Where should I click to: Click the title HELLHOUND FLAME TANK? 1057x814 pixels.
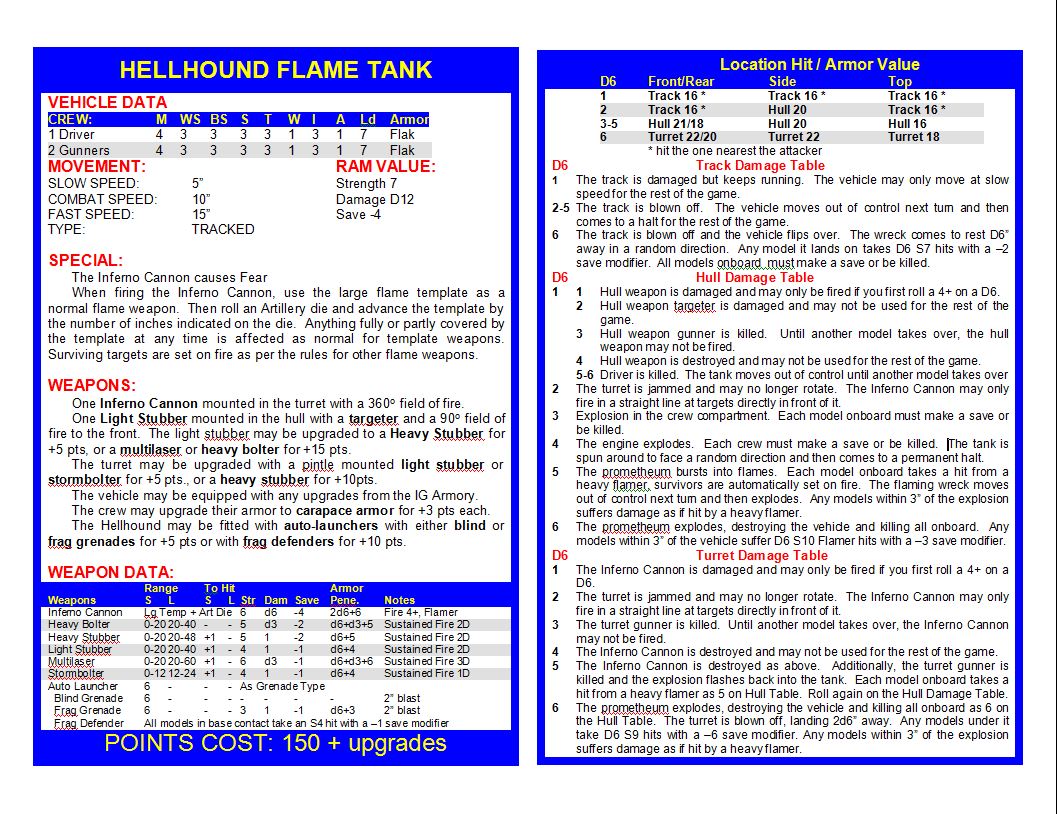pos(275,70)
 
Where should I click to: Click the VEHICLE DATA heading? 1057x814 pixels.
pos(108,102)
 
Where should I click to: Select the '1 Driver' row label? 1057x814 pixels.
pos(72,134)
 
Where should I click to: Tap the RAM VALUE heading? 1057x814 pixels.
pos(385,166)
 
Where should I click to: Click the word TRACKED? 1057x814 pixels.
pos(223,229)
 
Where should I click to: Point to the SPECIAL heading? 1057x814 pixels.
pos(86,260)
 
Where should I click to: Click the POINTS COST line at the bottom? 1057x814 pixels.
pos(275,743)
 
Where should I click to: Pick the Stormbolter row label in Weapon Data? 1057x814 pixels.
pos(76,673)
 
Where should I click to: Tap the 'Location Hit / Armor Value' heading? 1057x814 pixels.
pos(819,64)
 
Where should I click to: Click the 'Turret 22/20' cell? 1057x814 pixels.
pos(682,137)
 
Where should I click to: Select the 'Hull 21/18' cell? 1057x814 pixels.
pos(675,123)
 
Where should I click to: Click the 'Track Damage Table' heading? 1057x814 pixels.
pos(760,165)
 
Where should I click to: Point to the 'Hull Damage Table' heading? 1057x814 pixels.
pos(754,277)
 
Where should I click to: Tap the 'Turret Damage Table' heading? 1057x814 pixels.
pos(762,555)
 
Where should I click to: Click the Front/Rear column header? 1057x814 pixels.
pos(681,81)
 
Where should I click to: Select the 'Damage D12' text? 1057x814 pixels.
pos(375,199)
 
